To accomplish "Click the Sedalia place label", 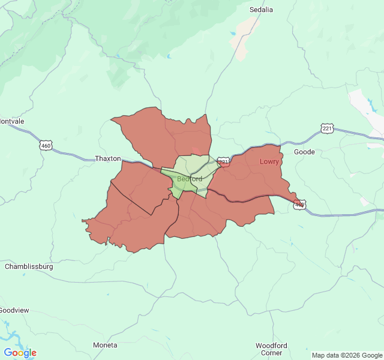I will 261,10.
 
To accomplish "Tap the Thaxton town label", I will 108,158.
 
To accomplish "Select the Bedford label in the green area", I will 190,179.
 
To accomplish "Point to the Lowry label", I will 269,161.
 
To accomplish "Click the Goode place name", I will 304,152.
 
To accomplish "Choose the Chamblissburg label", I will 29,266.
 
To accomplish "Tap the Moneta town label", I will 105,345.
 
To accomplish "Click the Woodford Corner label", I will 271,349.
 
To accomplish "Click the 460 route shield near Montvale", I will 46,145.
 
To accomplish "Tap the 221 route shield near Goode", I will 327,128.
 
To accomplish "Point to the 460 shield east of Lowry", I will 299,205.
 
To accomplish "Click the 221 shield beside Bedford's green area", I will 223,162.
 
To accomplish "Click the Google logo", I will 20,353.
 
